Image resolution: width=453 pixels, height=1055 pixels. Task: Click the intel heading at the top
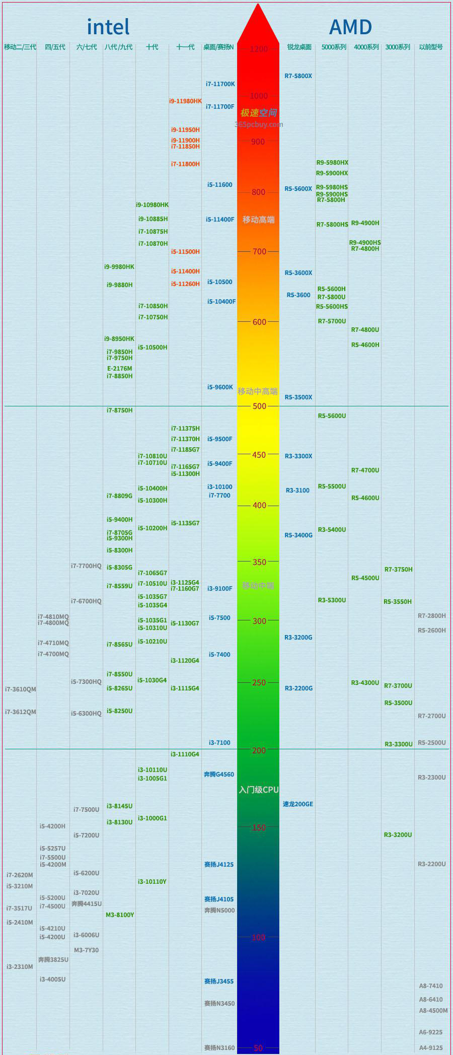tap(108, 27)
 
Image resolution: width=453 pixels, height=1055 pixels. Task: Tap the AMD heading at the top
tap(350, 27)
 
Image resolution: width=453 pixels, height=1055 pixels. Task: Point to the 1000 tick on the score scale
tap(259, 96)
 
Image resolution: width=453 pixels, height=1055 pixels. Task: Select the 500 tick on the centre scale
tap(259, 406)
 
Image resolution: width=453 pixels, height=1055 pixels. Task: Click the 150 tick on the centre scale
tap(259, 827)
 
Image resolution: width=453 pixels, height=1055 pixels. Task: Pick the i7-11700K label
tap(220, 84)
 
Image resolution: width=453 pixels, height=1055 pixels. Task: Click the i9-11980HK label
tap(185, 101)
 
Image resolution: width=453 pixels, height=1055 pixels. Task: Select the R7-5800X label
tap(298, 76)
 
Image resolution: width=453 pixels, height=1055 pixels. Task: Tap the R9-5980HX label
tap(332, 163)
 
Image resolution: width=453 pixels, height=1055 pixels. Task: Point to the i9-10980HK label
tap(152, 205)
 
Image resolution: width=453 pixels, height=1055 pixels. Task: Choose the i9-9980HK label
tap(119, 267)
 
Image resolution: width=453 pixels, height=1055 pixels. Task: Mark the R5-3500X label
tap(298, 397)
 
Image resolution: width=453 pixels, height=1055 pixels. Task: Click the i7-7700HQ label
tap(86, 566)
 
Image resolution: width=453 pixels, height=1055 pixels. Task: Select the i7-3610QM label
tap(21, 689)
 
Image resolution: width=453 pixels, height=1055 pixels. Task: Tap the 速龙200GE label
tap(297, 804)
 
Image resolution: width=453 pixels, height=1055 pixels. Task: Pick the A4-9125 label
tap(431, 1044)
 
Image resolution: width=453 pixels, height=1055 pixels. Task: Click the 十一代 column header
tap(185, 47)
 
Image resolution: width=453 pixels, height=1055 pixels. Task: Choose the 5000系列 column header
tap(334, 47)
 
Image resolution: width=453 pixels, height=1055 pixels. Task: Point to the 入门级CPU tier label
tap(259, 790)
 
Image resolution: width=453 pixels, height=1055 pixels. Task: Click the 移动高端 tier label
tap(259, 220)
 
